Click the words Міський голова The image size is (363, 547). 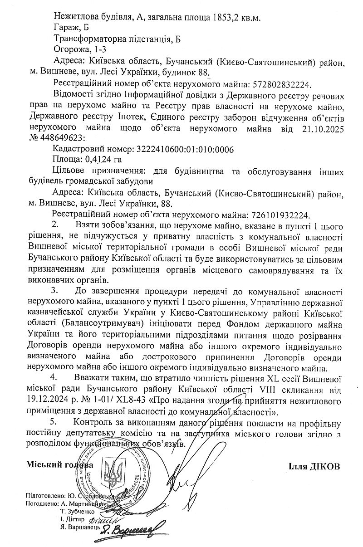(x=59, y=465)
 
